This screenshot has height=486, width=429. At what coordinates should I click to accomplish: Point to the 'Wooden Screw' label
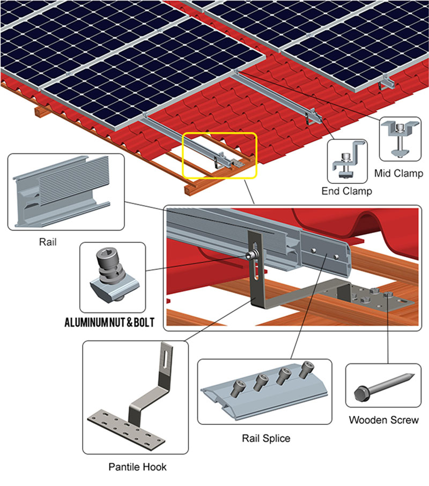(383, 420)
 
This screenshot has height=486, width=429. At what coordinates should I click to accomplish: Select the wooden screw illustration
(382, 390)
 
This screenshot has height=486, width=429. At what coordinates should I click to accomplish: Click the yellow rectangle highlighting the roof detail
(220, 155)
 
